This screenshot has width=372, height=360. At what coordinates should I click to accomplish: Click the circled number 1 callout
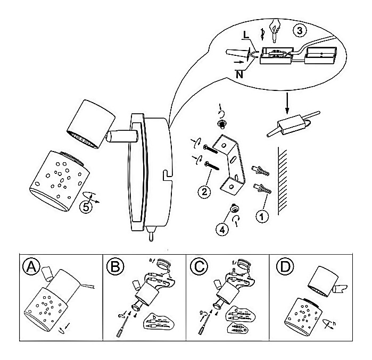[x=261, y=216]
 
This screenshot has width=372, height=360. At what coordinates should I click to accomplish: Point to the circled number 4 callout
[x=223, y=230]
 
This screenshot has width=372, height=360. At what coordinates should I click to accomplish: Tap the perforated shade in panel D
[x=304, y=316]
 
